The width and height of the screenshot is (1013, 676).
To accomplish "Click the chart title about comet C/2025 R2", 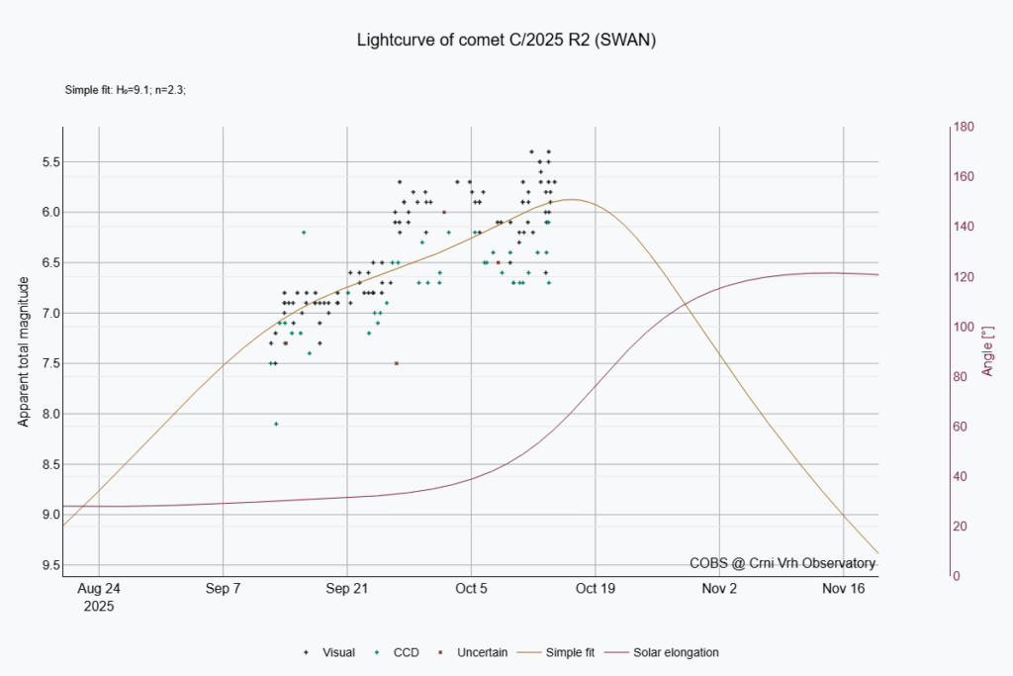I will (506, 41).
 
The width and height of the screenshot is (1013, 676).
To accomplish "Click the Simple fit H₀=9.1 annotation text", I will (126, 90).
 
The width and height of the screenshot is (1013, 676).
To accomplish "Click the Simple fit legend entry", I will (573, 652).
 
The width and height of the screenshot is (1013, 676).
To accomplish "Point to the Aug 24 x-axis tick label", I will (99, 588).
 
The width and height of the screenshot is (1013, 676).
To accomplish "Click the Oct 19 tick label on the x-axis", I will (596, 588).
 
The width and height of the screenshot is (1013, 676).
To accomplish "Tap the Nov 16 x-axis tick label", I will (844, 588).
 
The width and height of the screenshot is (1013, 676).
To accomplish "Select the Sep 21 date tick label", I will (347, 588).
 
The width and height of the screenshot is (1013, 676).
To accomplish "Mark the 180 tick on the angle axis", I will (964, 127).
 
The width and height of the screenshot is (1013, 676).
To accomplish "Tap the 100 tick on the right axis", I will (964, 327).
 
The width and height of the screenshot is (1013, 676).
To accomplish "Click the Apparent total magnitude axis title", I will (23, 351).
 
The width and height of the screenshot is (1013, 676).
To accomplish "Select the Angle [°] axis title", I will (987, 351).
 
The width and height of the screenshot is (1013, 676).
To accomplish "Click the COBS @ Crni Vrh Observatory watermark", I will (783, 563).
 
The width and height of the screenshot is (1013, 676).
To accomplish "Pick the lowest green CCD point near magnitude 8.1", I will (276, 424).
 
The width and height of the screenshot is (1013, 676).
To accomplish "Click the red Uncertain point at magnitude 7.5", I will (396, 363).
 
